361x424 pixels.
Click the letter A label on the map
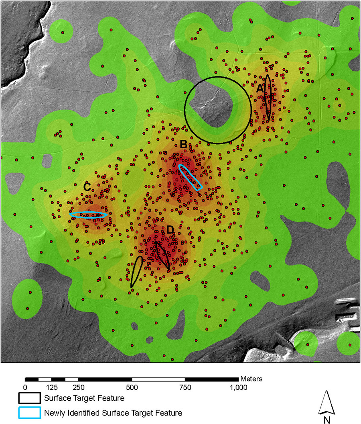click(260, 88)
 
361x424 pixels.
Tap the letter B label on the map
click(183, 144)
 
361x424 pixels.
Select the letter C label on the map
click(87, 187)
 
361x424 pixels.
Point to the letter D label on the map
click(170, 230)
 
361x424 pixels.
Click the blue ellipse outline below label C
click(89, 215)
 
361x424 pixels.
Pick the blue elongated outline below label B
click(191, 177)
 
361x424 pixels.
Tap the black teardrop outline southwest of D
click(136, 272)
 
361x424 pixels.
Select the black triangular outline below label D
click(162, 255)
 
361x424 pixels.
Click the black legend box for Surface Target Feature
click(29, 398)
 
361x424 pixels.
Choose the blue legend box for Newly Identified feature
click(29, 413)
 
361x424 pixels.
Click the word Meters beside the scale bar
click(251, 379)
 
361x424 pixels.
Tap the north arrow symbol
click(327, 404)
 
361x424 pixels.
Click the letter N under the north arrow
click(327, 420)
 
